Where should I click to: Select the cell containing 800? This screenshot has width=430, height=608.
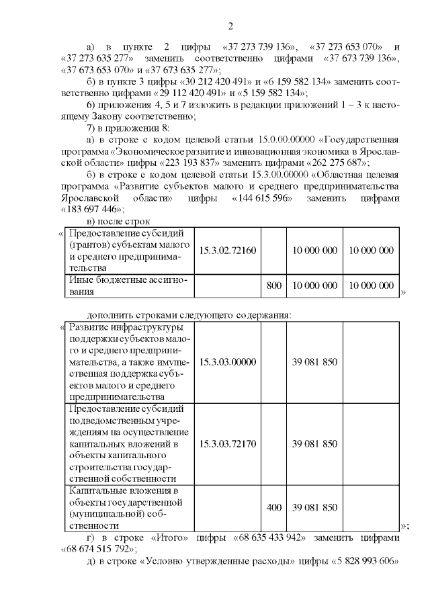(273, 286)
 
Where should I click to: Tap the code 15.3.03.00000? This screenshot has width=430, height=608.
(227, 361)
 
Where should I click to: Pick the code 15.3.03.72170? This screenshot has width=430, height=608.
(227, 443)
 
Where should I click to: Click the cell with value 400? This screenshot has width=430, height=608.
(273, 507)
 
